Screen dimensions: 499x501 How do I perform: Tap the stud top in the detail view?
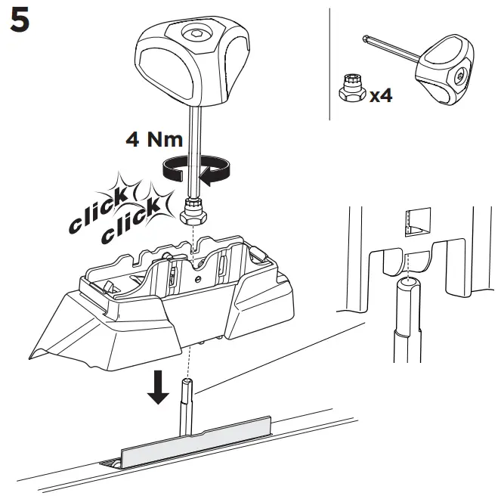pyautogui.click(x=407, y=283)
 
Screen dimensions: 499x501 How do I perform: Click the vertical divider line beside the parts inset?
pyautogui.click(x=331, y=64)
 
